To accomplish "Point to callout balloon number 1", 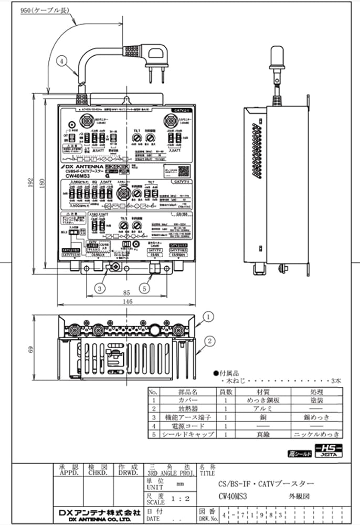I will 208,317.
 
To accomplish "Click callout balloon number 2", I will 208,341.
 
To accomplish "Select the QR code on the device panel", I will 182,171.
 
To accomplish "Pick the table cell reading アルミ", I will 262,408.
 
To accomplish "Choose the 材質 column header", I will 262,391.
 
